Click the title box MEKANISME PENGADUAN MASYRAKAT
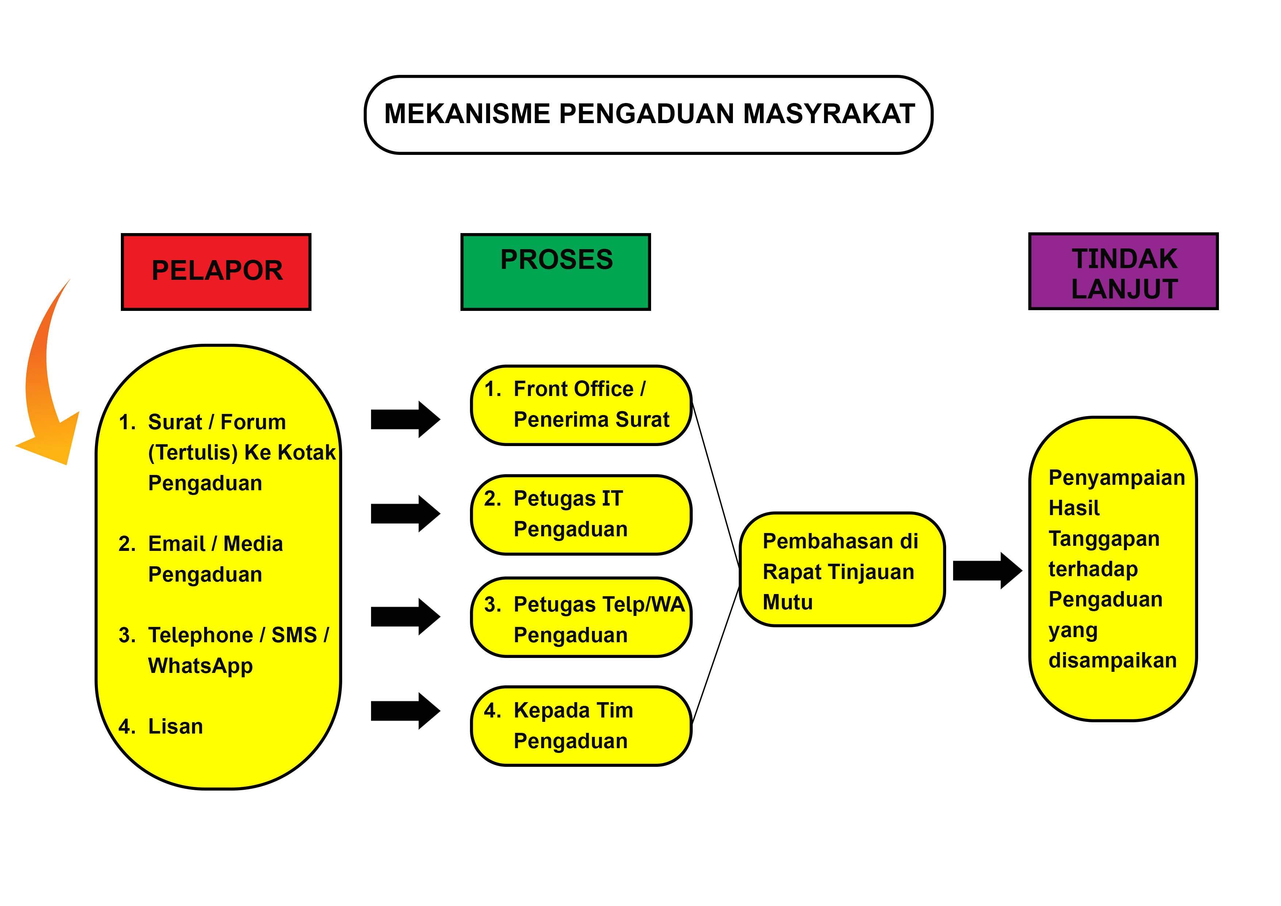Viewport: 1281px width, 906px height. pos(648,114)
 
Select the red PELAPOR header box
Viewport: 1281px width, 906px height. pos(216,271)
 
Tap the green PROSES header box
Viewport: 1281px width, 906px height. pos(556,271)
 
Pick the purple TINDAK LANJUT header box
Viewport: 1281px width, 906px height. pos(1123,271)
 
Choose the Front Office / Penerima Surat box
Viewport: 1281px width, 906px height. pos(581,405)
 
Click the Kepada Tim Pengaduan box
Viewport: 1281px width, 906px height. pos(581,726)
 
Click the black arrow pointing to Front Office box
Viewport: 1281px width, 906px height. pos(405,419)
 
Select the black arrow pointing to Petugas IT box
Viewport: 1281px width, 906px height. pos(405,514)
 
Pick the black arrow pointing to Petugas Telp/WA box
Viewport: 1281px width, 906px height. pos(405,617)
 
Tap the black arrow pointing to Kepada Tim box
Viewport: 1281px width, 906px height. pos(405,711)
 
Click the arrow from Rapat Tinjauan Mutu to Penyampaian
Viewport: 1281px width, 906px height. pos(987,571)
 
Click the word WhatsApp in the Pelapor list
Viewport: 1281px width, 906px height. pos(200,666)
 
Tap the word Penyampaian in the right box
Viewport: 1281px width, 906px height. pos(1116,479)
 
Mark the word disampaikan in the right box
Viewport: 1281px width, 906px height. pos(1113,661)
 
